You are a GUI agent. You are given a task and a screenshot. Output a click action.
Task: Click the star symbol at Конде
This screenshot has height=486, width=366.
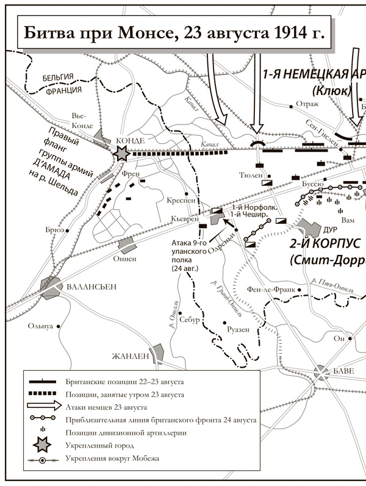tap(122, 154)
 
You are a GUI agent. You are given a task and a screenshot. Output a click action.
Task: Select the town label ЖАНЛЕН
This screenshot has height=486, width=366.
tap(129, 356)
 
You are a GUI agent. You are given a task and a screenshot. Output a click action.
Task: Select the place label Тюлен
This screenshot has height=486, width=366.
tap(251, 174)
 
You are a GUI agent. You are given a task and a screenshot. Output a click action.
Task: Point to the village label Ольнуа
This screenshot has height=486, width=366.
tap(41, 326)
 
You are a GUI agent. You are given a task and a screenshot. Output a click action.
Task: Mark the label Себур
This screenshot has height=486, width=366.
tap(188, 321)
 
